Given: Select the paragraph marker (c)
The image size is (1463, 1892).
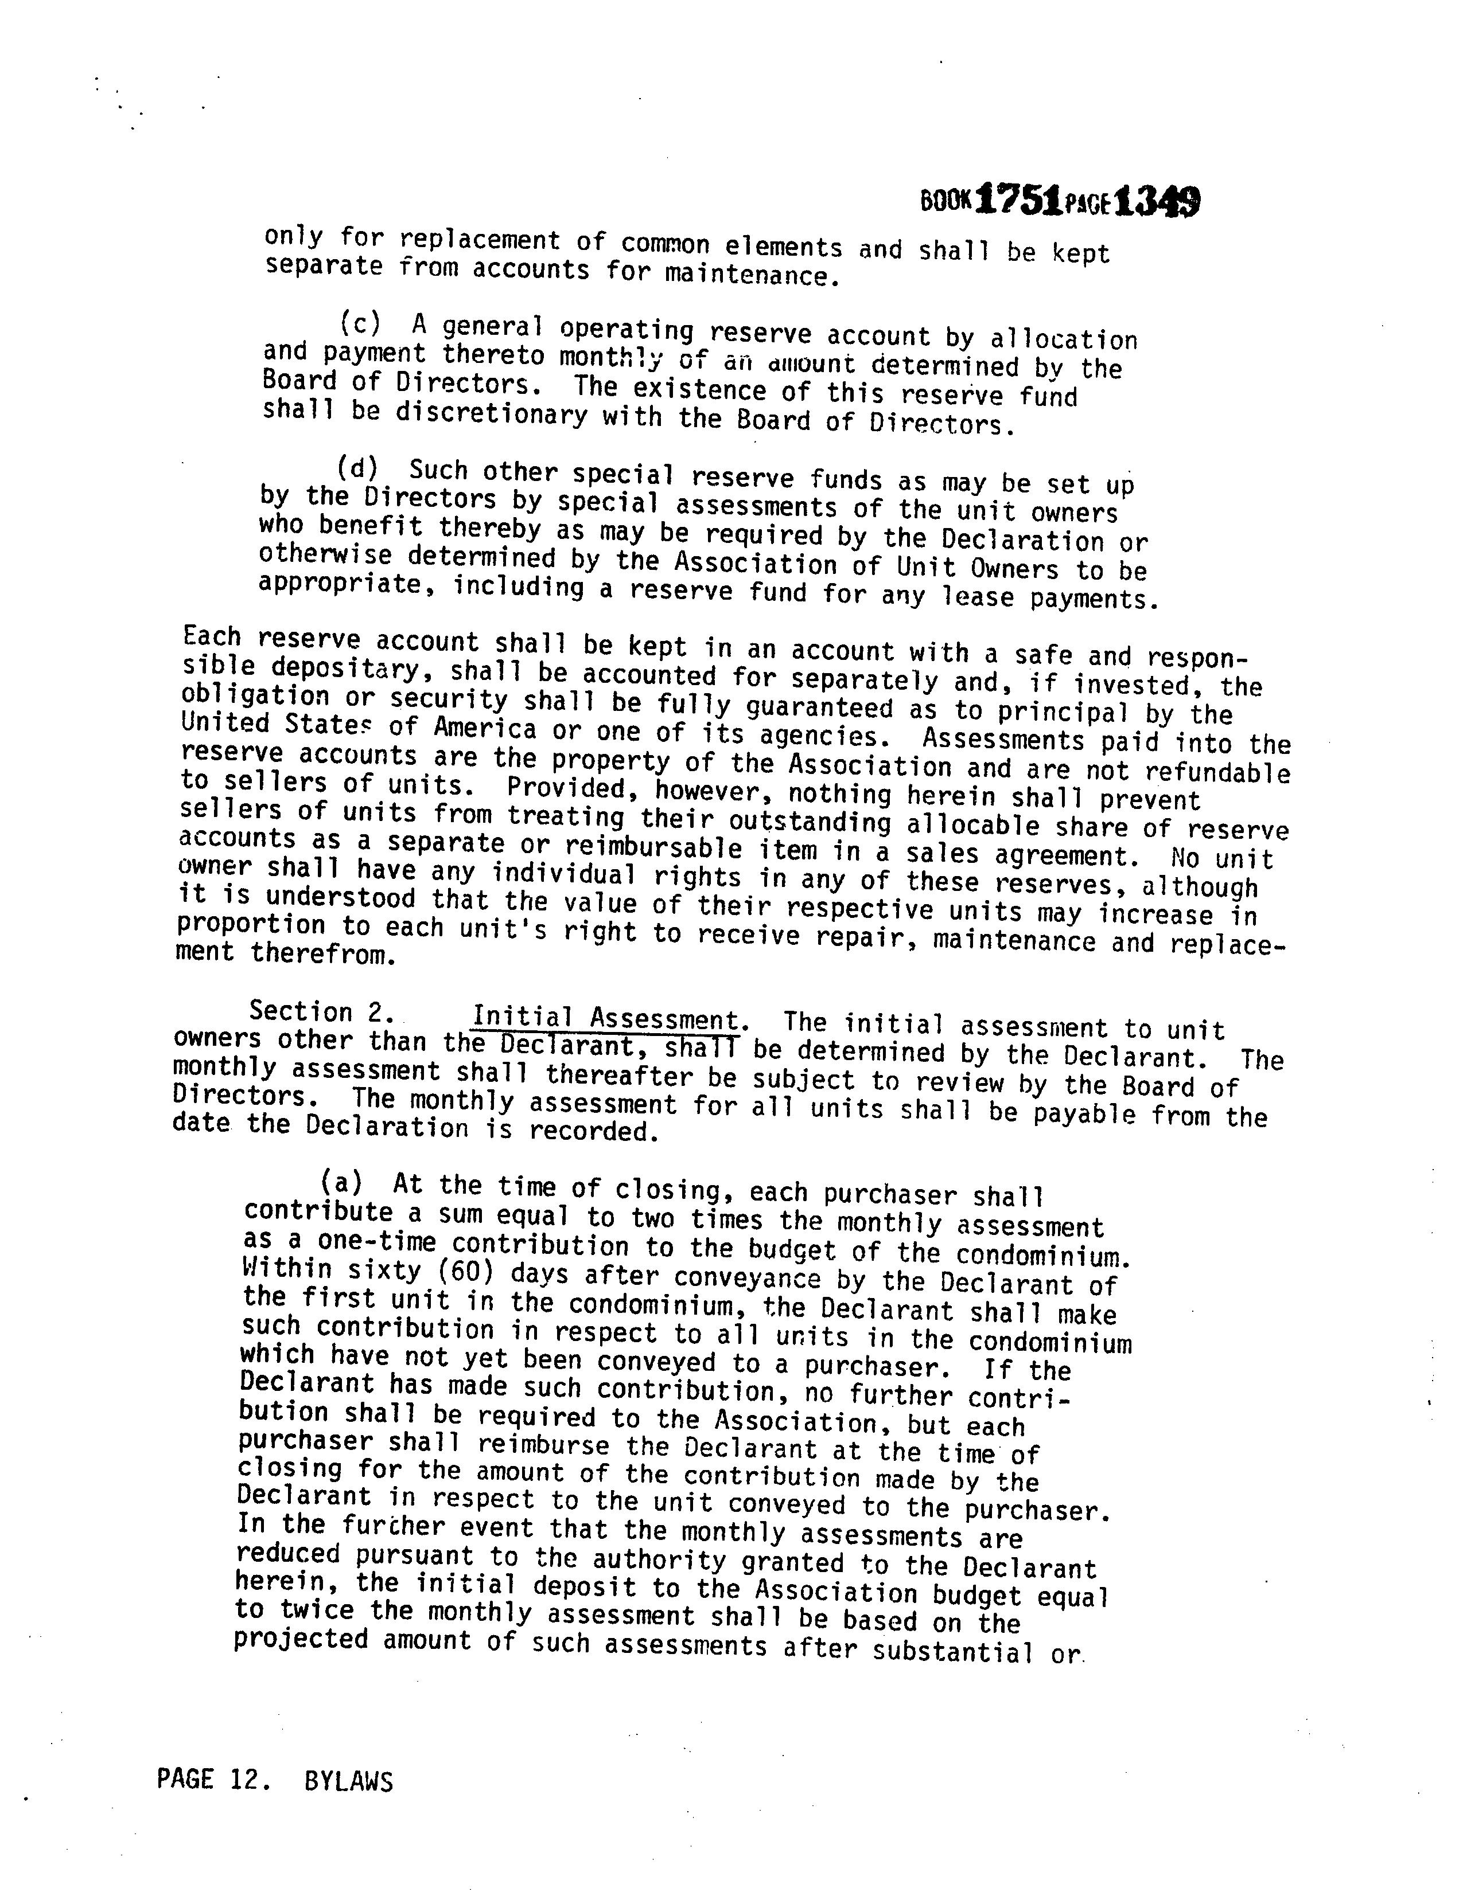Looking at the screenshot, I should (360, 323).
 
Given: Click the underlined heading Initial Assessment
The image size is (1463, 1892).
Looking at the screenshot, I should (605, 1018).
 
